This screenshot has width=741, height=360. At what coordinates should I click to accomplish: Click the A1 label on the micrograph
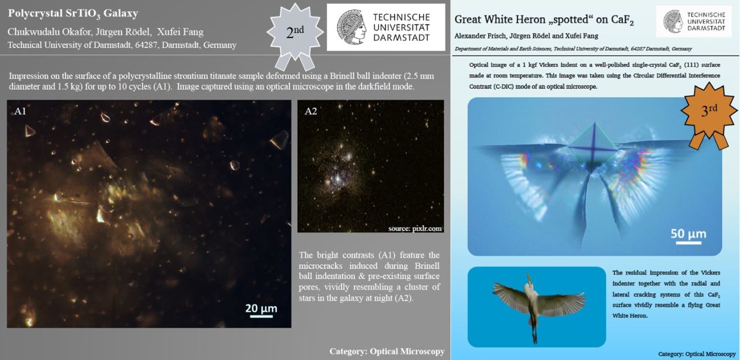(x=20, y=111)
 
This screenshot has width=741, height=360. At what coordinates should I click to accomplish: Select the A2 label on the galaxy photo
(x=311, y=111)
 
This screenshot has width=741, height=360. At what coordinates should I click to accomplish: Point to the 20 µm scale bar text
(x=261, y=308)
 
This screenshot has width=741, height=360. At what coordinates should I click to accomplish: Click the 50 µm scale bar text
(x=689, y=234)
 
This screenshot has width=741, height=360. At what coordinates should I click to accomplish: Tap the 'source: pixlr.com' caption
(x=415, y=228)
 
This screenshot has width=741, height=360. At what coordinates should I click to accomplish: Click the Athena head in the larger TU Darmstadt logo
(x=352, y=27)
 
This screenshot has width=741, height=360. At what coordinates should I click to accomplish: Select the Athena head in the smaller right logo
(x=673, y=21)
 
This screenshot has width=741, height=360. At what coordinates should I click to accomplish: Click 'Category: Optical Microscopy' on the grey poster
(x=386, y=351)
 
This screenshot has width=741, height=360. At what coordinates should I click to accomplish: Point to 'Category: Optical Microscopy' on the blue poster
(x=697, y=354)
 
